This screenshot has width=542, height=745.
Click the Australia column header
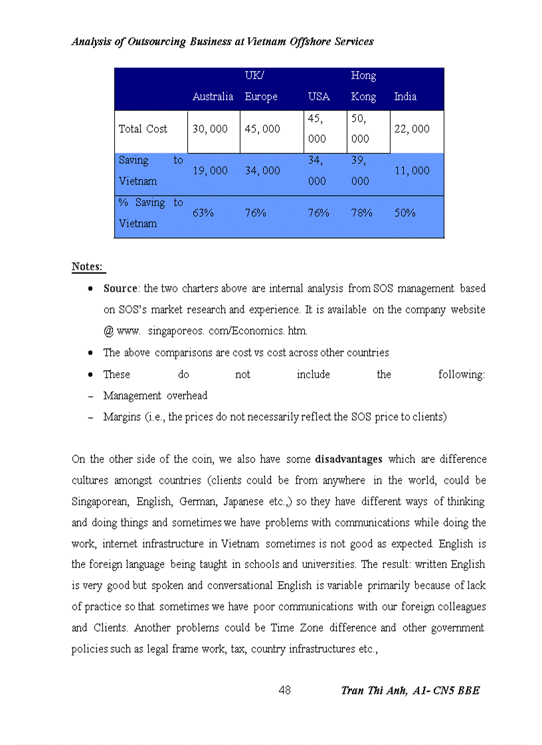tap(213, 97)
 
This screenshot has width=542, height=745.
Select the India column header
tap(405, 97)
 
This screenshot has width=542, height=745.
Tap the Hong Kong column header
tap(363, 86)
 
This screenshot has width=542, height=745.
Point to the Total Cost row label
tap(143, 129)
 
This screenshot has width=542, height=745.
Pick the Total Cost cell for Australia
tap(210, 129)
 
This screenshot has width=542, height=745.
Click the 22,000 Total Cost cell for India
tap(412, 129)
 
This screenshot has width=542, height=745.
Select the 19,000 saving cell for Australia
tap(210, 170)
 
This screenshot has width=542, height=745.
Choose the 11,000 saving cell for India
tap(412, 170)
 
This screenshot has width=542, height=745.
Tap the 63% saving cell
tap(203, 213)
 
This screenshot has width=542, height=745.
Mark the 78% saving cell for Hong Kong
tap(361, 213)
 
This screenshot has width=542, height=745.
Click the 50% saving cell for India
tap(405, 213)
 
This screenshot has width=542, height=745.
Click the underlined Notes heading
tap(87, 267)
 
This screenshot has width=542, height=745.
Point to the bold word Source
tap(120, 289)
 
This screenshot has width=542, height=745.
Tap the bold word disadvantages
tap(349, 459)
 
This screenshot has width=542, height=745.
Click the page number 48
tap(284, 690)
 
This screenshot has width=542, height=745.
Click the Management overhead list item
tap(155, 396)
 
